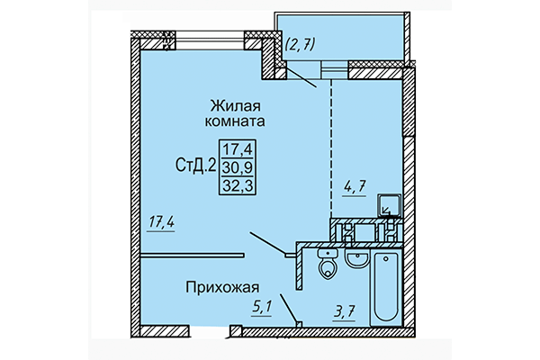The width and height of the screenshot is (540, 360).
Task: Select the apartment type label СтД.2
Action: [193, 165]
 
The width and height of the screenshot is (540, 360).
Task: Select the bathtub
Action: [388, 288]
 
